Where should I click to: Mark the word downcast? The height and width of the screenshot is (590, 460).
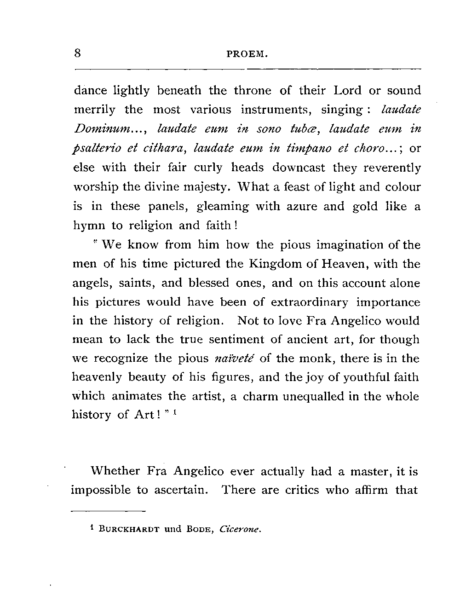[299, 168]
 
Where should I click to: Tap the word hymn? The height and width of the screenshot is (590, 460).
[87, 226]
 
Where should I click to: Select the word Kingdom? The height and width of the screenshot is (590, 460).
[273, 264]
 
